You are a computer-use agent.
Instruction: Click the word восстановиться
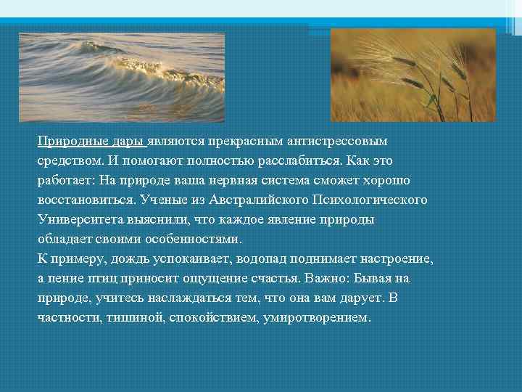tap(80, 199)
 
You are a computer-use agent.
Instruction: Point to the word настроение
tap(391, 258)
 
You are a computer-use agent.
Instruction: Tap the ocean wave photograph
tap(122, 76)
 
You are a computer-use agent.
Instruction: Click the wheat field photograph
tap(413, 74)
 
